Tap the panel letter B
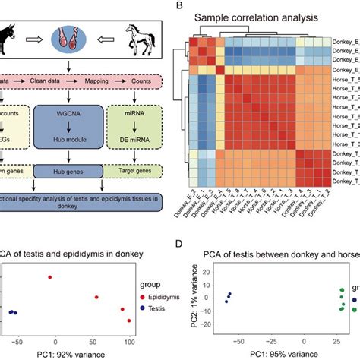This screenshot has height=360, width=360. pos(178,6)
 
